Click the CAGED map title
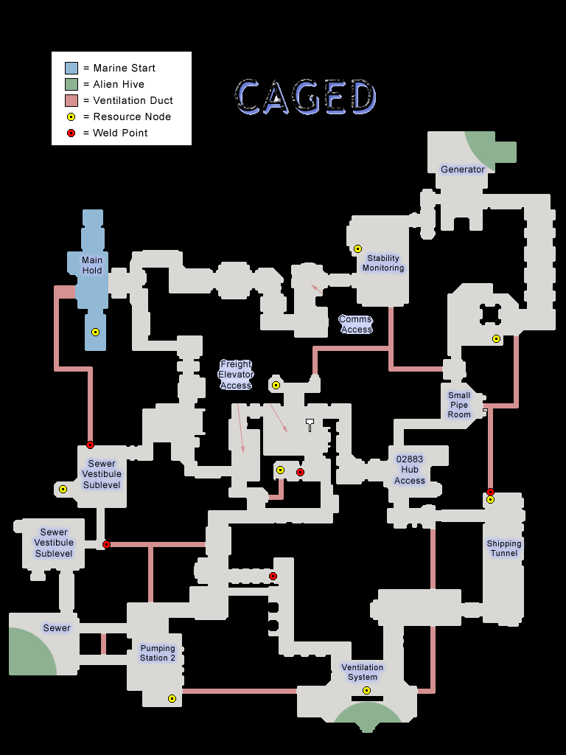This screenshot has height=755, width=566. coord(306,97)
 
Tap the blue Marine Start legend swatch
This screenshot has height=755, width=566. coord(71,68)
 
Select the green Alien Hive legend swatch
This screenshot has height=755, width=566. coord(71,84)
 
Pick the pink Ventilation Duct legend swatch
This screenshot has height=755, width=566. coord(71,100)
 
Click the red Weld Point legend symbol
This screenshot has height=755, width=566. coord(71,133)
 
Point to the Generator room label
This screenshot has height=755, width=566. coord(463,170)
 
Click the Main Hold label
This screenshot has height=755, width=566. coord(92,265)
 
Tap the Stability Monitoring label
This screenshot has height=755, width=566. coord(383,263)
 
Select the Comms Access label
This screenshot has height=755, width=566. coord(356,324)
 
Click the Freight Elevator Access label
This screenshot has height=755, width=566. coord(236,375)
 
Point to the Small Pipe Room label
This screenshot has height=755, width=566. coord(459,405)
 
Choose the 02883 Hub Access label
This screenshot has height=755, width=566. coord(410,470)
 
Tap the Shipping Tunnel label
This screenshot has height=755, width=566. coord(504,548)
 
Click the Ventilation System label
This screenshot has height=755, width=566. coord(363,672)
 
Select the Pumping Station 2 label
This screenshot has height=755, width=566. coord(158,653)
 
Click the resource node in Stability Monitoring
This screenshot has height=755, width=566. coord(358,249)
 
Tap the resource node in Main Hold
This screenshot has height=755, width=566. coord(95,333)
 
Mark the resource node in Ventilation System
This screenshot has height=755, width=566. coord(366,691)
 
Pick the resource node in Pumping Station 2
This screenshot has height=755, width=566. coord(172,699)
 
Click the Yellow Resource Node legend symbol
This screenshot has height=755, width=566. coord(71,116)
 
